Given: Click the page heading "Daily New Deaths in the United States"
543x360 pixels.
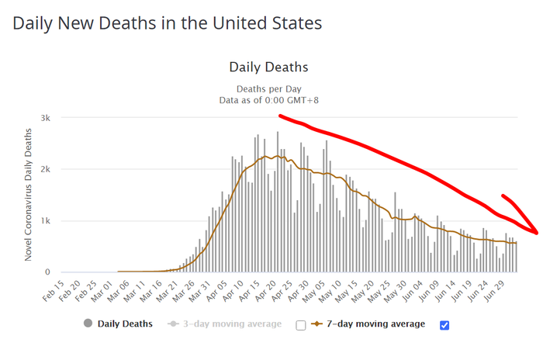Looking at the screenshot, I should click(167, 23).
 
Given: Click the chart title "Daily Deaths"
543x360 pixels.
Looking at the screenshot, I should click(268, 67).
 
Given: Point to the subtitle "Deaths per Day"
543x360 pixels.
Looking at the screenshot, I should click(268, 88).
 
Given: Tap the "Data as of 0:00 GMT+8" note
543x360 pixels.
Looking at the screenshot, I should click(268, 100).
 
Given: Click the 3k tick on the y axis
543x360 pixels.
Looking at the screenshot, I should click(46, 117).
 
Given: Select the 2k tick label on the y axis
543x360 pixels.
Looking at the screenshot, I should click(46, 169).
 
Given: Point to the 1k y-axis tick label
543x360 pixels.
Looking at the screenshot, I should click(46, 220).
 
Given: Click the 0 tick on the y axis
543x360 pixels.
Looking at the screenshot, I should click(49, 272).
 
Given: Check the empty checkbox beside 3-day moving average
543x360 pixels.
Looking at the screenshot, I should click(300, 324).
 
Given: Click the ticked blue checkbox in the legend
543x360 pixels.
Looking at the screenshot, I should click(444, 324).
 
